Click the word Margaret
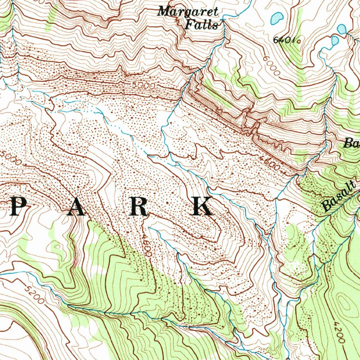(188, 12)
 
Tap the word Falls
(201, 25)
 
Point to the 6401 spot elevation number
(283, 40)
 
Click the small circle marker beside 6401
(299, 41)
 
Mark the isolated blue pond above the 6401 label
(277, 18)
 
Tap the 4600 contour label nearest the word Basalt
(271, 164)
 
